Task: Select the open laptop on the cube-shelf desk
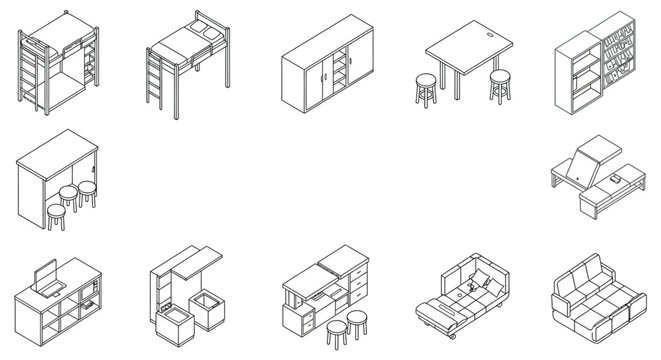point(44,276)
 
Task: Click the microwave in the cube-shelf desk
point(89,298)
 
